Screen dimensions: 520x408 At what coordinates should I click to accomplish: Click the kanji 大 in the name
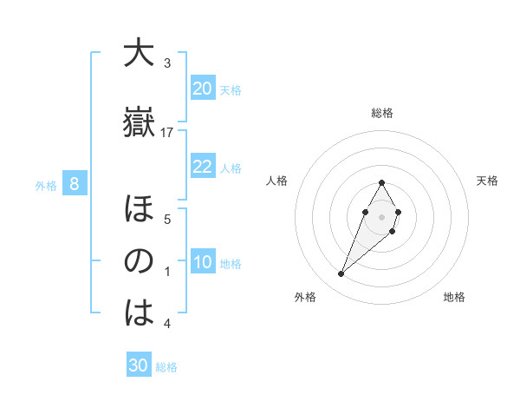tap(139, 54)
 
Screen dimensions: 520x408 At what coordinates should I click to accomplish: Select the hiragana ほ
tap(139, 209)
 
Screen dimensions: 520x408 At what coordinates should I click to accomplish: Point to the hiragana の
tap(139, 261)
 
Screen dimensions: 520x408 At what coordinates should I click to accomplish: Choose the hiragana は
tap(139, 313)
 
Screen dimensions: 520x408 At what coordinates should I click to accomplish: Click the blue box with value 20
tap(202, 89)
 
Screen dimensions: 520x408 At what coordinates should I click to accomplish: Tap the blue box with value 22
tap(202, 167)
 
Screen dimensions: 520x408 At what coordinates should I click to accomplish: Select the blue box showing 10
tap(202, 262)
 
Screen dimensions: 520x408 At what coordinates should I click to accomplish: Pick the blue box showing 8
tap(75, 184)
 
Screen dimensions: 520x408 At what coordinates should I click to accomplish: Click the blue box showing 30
tap(139, 365)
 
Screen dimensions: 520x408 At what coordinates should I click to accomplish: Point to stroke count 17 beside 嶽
tap(167, 133)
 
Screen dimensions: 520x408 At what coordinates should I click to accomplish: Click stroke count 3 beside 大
tap(167, 63)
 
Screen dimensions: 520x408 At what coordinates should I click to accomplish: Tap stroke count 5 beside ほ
tap(167, 220)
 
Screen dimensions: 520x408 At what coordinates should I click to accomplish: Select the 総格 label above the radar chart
tap(382, 113)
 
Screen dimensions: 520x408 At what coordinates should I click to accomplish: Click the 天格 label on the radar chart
tap(488, 181)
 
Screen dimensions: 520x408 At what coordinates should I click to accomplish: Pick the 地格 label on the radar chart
tap(454, 297)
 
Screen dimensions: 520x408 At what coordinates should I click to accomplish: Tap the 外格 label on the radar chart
tap(304, 297)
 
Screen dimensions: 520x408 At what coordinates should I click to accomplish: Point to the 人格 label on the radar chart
tap(276, 181)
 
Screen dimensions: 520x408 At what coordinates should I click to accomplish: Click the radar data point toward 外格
tap(341, 274)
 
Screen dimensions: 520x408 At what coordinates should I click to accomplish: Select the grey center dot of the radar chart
tap(381, 215)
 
